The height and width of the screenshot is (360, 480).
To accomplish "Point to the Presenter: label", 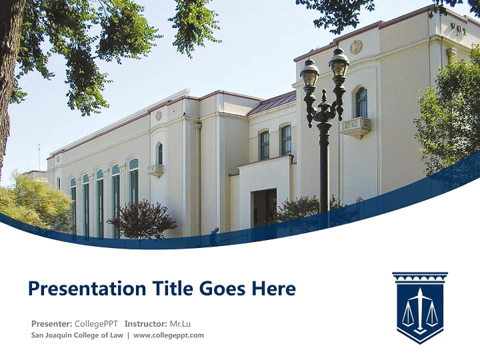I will (51, 323).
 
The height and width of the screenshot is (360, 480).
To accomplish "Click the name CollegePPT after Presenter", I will (96, 323).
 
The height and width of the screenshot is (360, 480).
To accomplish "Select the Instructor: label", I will (146, 323).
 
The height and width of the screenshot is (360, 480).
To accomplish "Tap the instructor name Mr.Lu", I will (181, 323).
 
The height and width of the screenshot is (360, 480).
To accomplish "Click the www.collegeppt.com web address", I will (168, 335).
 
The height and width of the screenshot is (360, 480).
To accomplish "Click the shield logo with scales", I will (419, 307).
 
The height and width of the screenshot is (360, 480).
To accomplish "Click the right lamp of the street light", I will (339, 62).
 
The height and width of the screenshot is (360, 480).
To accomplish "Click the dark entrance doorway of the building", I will (263, 207).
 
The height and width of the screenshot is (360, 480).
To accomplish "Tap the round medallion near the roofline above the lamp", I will (356, 47).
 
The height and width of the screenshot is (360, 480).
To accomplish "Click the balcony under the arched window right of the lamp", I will (356, 126).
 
